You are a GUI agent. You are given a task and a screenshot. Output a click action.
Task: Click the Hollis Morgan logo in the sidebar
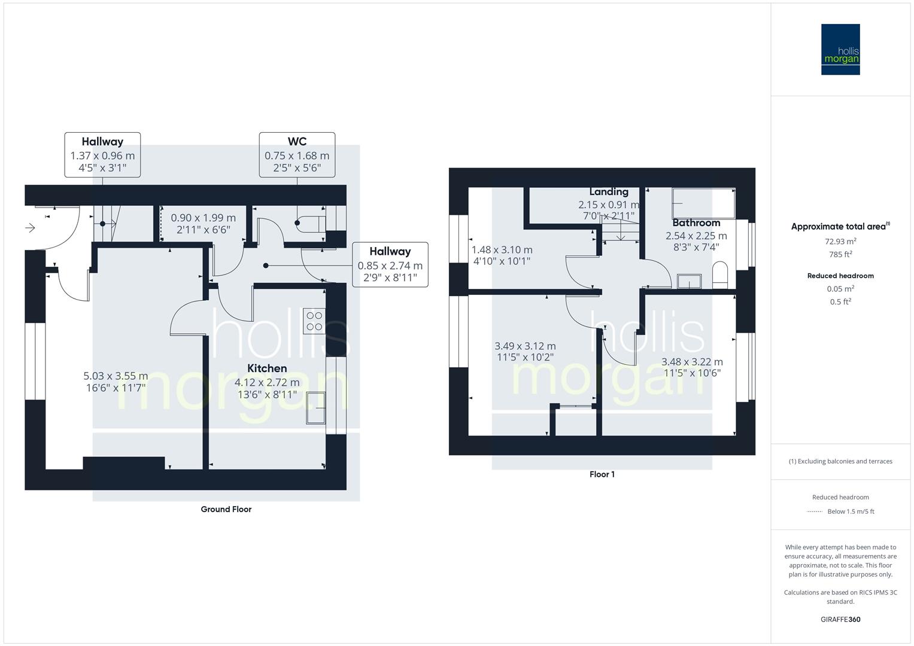[x=840, y=50]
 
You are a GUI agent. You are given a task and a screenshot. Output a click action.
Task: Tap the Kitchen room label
[x=267, y=368]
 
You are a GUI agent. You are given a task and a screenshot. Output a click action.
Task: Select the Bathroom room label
[x=696, y=223]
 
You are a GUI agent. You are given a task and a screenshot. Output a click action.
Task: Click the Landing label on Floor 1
[x=608, y=192]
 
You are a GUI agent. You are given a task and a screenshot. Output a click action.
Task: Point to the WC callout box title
[x=297, y=142]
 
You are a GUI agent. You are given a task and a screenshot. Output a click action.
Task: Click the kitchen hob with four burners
[x=314, y=321]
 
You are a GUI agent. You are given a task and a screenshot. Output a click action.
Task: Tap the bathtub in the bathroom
[x=703, y=203]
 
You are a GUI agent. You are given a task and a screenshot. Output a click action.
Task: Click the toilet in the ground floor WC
[x=309, y=223]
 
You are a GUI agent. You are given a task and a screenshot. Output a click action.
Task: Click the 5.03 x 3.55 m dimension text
[x=116, y=376]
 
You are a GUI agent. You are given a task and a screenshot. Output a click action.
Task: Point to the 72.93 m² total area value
[x=840, y=242]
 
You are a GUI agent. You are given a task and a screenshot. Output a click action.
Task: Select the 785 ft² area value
[x=840, y=254]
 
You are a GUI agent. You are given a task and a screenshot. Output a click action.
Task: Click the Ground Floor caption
[x=226, y=510]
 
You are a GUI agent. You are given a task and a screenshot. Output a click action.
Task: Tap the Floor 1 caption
[x=602, y=474]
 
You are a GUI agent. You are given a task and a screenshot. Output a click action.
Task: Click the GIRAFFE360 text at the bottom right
[x=840, y=620]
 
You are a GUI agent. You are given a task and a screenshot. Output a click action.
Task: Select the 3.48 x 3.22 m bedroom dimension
[x=692, y=362]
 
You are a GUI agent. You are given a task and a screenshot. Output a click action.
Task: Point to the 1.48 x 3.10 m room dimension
[x=502, y=250]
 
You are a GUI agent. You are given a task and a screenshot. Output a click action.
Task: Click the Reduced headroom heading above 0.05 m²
[x=840, y=276]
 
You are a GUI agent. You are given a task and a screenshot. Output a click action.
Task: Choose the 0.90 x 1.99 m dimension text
[x=203, y=218]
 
